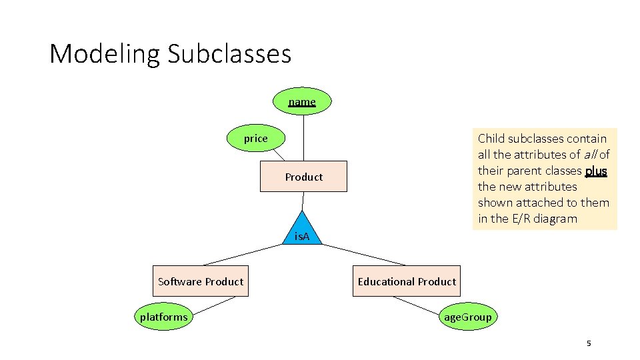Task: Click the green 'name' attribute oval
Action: click(302, 101)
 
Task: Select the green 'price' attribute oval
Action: click(255, 139)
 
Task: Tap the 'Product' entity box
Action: click(303, 177)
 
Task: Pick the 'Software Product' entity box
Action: click(201, 281)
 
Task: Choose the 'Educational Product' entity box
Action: click(407, 281)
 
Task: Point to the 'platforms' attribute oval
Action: click(163, 317)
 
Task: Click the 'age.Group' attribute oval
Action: click(467, 317)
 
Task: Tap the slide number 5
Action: click(589, 343)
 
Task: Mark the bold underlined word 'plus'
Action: click(596, 171)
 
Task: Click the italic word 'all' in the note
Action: click(590, 155)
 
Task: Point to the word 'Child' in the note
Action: click(491, 139)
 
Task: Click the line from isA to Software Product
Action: click(244, 256)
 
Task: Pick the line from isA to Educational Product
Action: click(364, 255)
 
